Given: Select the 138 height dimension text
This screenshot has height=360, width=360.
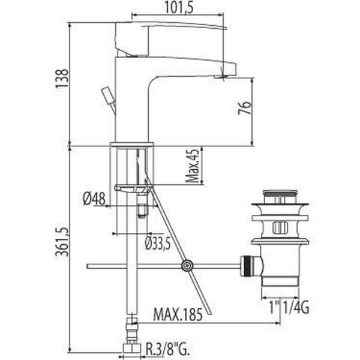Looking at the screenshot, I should [61, 78].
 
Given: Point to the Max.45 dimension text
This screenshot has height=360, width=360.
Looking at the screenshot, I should [192, 166].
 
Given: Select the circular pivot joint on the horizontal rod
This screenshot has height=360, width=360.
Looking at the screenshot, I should [187, 265].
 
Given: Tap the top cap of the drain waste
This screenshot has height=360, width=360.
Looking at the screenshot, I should [280, 195].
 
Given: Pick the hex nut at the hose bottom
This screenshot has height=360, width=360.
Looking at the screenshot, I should [129, 348].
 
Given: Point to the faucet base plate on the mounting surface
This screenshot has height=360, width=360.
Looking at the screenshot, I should [132, 145].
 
